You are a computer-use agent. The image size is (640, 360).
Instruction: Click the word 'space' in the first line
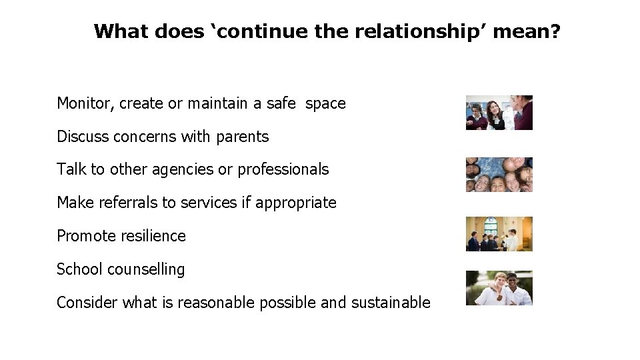pos(325,104)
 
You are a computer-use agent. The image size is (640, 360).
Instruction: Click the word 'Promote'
pos(83,236)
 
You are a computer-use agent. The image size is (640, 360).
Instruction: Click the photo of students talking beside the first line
pos(499,113)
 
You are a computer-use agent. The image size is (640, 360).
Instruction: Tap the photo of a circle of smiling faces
pos(499,175)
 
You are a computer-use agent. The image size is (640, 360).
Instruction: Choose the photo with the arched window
pos(499,234)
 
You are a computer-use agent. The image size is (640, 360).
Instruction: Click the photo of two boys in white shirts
pos(499,288)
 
